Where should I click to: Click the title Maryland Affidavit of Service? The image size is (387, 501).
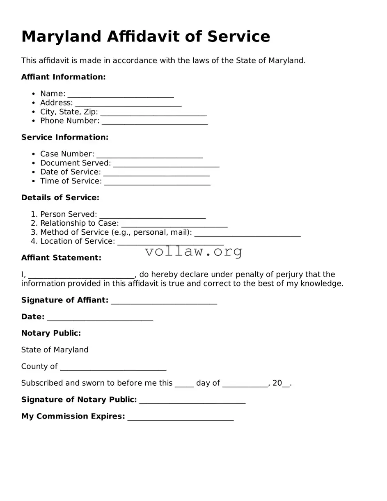[146, 37]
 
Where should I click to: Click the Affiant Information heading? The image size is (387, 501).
[63, 77]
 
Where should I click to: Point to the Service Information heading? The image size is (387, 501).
[65, 137]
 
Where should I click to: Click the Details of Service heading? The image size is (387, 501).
[60, 198]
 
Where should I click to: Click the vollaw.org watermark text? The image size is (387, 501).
[194, 251]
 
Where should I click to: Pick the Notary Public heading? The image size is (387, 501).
[51, 333]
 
